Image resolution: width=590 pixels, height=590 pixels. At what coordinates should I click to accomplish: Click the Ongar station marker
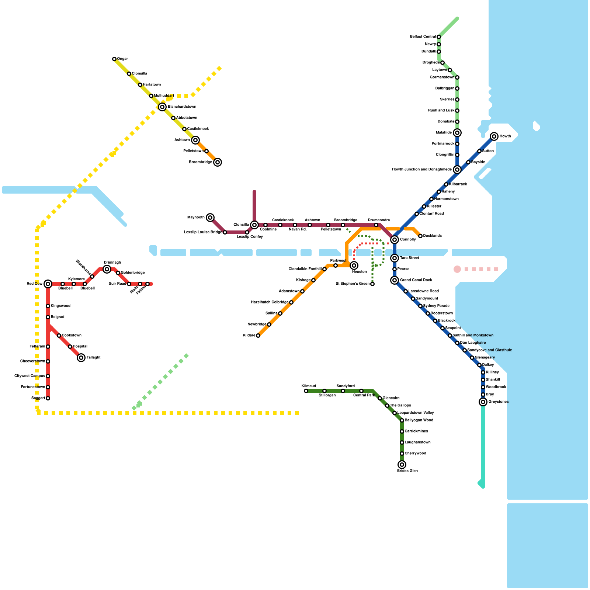coord(114,59)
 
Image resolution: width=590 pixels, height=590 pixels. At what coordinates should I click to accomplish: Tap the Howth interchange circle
coord(494,136)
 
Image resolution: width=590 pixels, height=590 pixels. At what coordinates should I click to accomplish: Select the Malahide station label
coord(444,133)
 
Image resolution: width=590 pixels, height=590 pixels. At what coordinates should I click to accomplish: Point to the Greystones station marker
coord(483,402)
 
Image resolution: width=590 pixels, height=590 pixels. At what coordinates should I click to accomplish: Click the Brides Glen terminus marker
coord(402,465)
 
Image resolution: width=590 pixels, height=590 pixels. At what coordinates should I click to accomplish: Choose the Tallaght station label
coord(94,358)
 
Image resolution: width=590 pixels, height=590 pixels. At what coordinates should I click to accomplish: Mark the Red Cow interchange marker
coord(48,284)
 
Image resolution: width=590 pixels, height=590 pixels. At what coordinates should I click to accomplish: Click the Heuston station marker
coord(354,265)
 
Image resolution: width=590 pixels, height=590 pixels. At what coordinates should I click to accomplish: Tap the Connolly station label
coord(408,240)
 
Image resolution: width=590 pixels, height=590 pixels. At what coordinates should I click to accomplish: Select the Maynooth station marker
coord(210,218)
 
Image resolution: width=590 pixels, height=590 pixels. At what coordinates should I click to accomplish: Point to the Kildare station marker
coord(258,336)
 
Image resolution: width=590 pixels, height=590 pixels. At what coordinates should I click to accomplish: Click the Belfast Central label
coord(423,37)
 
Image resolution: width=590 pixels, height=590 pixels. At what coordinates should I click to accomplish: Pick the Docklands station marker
coord(420,236)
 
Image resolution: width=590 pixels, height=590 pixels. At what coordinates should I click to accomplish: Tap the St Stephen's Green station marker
coord(372,284)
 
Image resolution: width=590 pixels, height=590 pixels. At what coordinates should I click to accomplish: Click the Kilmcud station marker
coord(306,391)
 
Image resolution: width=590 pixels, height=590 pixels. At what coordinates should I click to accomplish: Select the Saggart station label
coord(38,398)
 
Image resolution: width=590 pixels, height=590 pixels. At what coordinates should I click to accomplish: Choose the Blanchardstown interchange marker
coord(162,107)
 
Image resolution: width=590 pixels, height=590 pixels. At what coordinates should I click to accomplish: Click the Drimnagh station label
coord(112,263)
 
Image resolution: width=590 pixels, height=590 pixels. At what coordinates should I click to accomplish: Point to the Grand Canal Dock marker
coord(395,280)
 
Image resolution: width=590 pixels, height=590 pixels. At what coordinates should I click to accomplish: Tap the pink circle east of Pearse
coord(457,269)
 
